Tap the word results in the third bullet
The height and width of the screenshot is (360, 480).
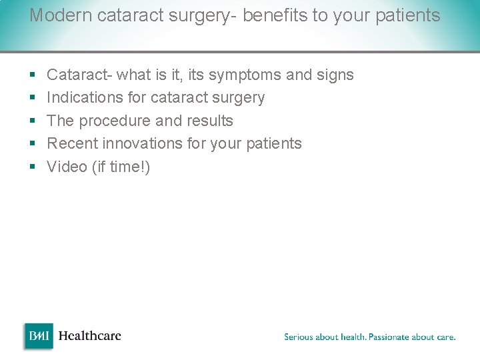point(211,121)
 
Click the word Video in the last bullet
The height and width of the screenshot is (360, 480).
point(67,167)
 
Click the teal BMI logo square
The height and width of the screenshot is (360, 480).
point(39,336)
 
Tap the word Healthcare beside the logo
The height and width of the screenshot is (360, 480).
point(89,336)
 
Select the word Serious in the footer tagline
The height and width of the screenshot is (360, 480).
point(301,337)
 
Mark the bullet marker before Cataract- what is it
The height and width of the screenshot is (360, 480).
point(33,75)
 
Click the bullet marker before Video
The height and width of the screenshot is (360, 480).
point(33,167)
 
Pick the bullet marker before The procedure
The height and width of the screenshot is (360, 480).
point(33,121)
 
